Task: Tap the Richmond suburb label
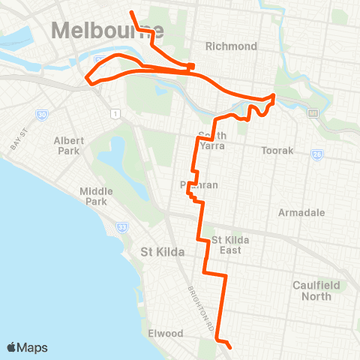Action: [x=235, y=46]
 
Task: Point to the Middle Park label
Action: [x=98, y=196]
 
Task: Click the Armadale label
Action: [x=301, y=213]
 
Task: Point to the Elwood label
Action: [x=165, y=332]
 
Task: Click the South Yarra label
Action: [x=212, y=140]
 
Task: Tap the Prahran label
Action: [x=199, y=184]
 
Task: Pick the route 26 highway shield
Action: [x=317, y=154]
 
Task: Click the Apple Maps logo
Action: [x=27, y=347]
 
